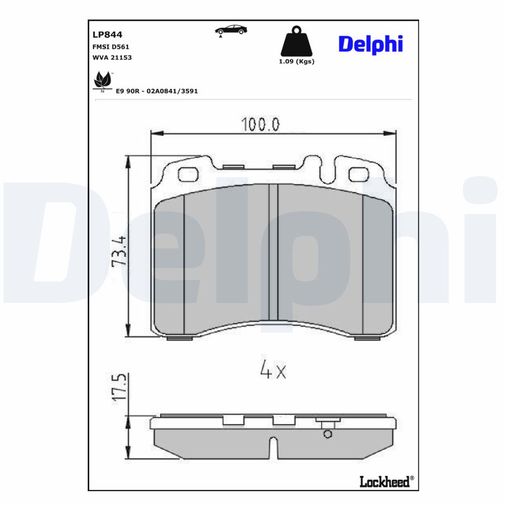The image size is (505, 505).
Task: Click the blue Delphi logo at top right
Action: [x=371, y=44]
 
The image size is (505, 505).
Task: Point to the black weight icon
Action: [x=296, y=42]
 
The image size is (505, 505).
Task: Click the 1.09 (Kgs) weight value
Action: [x=296, y=62]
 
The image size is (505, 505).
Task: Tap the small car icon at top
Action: [x=231, y=30]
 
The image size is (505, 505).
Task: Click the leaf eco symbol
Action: [x=100, y=81]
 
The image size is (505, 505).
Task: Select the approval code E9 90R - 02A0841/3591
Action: [x=157, y=91]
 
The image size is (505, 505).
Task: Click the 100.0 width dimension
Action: [x=259, y=124]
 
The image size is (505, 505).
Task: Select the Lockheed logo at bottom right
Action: [x=386, y=482]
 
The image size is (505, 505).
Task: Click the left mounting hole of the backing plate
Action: [x=187, y=173]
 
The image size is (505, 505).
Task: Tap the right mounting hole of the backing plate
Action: [x=359, y=173]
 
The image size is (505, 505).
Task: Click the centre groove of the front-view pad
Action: [x=273, y=252]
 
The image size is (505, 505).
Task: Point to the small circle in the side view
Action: [x=327, y=434]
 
